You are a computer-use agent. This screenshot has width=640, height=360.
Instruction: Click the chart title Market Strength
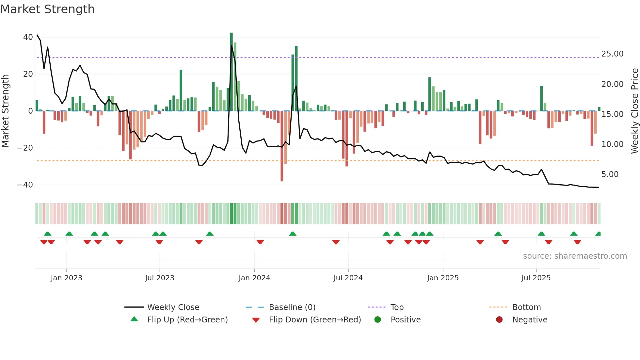47,9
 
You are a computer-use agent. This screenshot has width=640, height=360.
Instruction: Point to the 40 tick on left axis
28,37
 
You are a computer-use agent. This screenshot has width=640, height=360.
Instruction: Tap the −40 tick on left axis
25,185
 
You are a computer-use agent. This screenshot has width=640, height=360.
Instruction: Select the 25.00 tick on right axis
612,54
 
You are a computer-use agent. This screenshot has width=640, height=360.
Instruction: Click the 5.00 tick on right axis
610,174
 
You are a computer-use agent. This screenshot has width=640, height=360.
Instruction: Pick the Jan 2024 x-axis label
254,278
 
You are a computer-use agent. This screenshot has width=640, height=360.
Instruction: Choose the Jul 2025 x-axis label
536,278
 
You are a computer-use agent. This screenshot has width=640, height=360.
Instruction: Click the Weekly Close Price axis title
634,111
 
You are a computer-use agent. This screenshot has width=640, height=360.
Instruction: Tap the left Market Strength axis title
5,111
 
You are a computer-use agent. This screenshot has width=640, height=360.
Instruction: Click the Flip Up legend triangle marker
134,319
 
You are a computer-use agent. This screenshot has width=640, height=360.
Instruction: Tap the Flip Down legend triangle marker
256,320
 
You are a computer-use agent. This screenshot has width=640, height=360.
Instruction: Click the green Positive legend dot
378,319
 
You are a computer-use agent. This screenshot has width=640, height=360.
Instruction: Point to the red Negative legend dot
499,319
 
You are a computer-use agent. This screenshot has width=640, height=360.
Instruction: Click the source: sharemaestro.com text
575,256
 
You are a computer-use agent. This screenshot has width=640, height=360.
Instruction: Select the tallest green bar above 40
232,72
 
